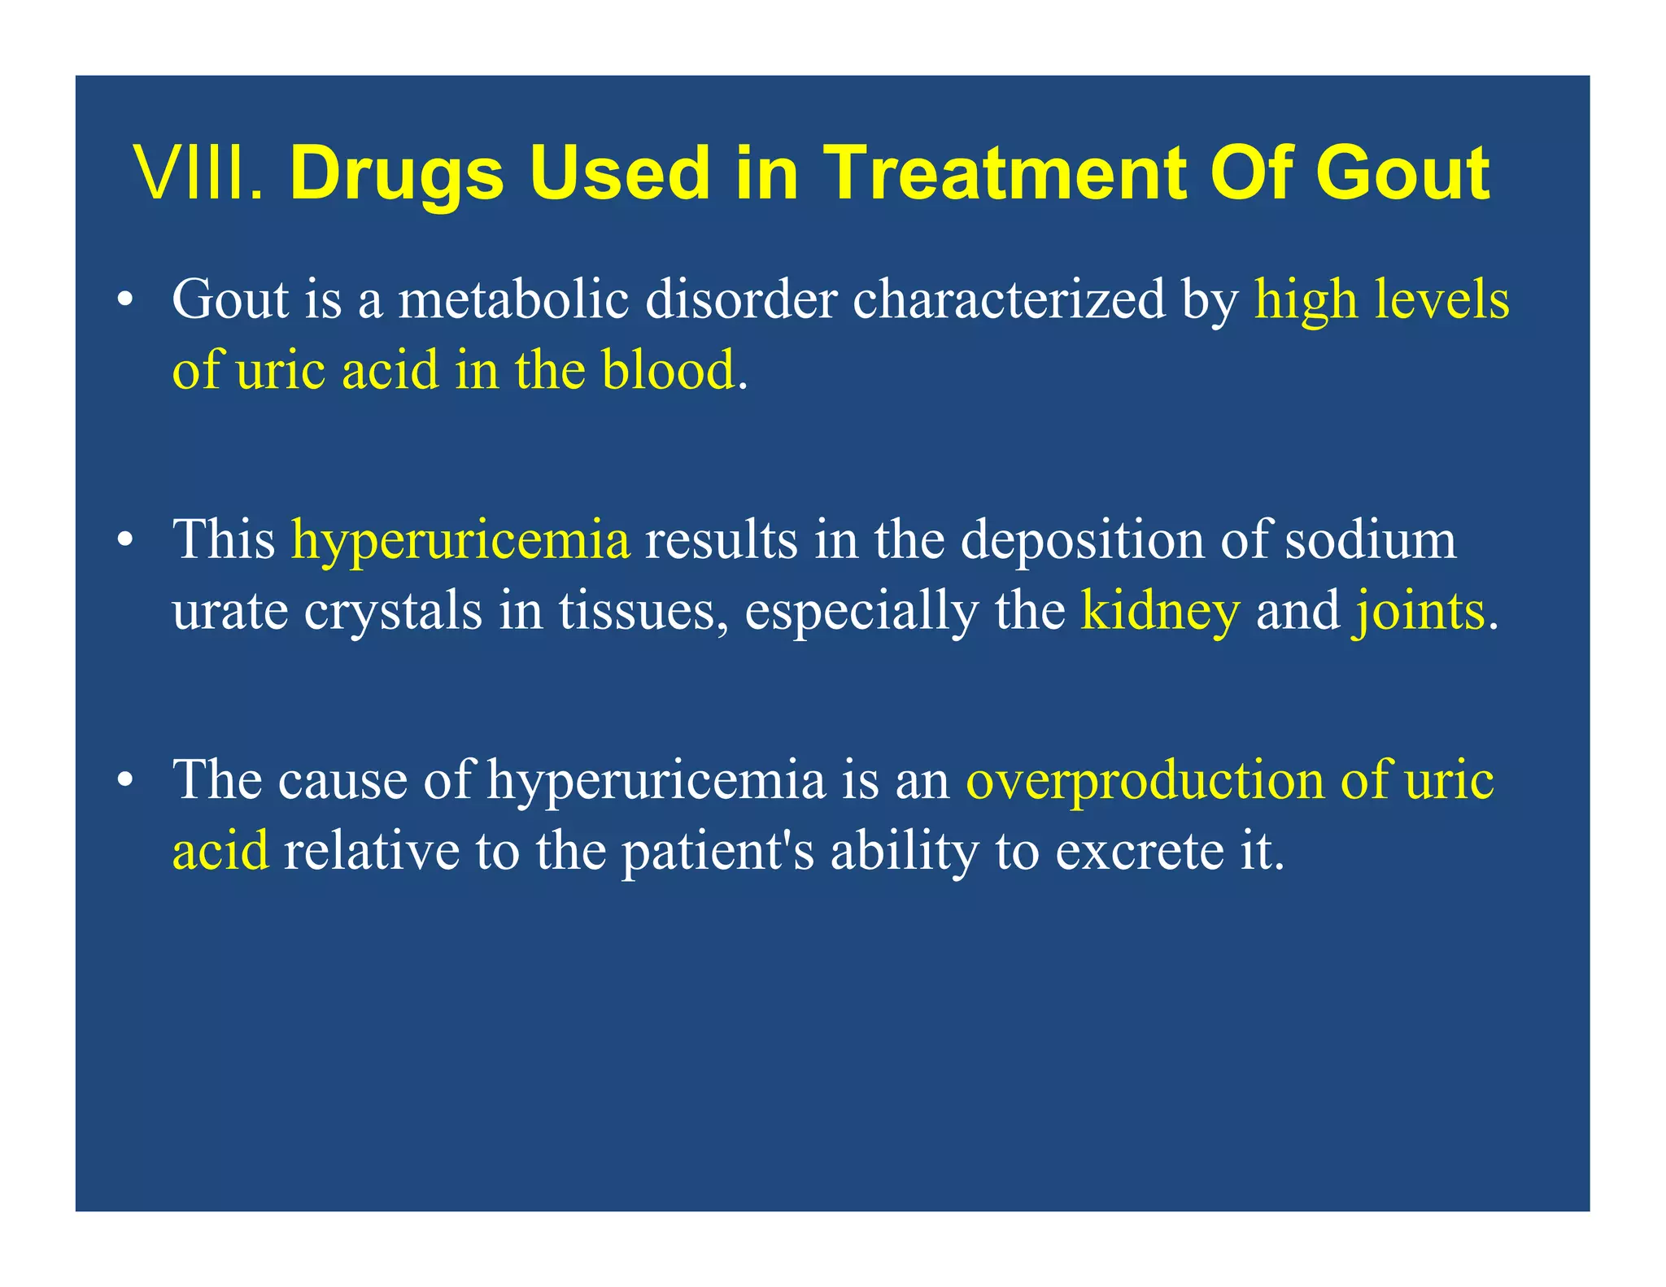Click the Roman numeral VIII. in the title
coord(200,173)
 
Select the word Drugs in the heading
coord(397,173)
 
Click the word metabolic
coord(513,299)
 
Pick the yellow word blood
coord(668,370)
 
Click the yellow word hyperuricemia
coord(460,539)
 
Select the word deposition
coord(1082,539)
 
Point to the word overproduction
coord(1145,779)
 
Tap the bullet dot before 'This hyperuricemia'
coord(124,540)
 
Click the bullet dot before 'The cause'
coord(124,780)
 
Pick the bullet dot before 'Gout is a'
coord(124,300)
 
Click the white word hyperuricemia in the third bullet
coord(656,779)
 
